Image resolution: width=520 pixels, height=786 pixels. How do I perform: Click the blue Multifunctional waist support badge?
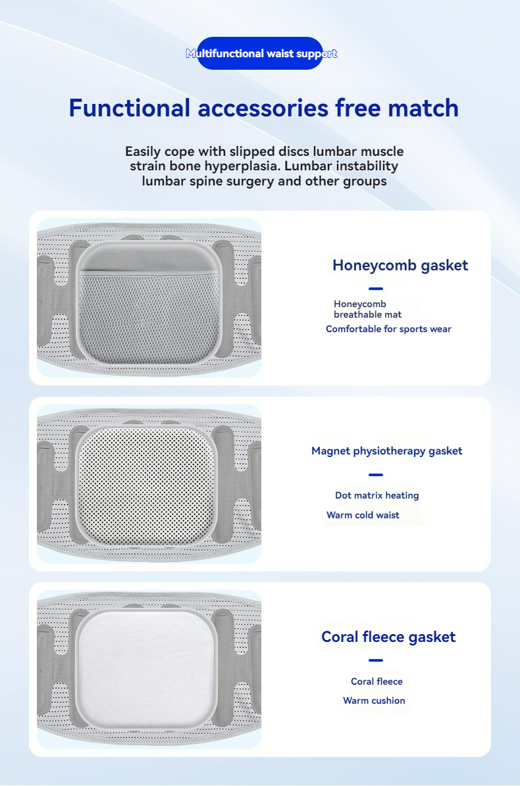[x=260, y=53]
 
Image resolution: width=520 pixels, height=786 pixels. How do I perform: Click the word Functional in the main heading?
[x=130, y=109]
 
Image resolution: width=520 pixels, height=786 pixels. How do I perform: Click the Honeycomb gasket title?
[x=400, y=265]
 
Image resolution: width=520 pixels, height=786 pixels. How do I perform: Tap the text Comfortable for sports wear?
[x=388, y=329]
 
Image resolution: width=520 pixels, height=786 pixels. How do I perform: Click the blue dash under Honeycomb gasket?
[x=376, y=289]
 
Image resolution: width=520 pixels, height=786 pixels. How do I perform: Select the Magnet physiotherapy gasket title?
[x=386, y=451]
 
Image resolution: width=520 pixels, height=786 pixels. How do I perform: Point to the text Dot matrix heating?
[x=377, y=495]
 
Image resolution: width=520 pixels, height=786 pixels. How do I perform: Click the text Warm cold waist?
[x=363, y=515]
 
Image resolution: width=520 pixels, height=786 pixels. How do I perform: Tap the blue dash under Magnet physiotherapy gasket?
[x=376, y=475]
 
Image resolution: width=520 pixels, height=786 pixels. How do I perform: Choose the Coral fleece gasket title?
[x=388, y=637]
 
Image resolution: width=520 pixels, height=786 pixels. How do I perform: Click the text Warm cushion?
[x=374, y=700]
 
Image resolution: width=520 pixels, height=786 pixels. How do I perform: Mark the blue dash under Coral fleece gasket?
[x=376, y=660]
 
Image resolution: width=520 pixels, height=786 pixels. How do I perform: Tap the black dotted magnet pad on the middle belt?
[x=146, y=485]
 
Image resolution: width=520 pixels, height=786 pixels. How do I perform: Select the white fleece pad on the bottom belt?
[x=146, y=669]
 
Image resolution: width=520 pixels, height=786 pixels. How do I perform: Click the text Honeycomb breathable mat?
[x=367, y=309]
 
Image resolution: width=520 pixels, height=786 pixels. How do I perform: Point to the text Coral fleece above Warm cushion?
[x=377, y=681]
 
